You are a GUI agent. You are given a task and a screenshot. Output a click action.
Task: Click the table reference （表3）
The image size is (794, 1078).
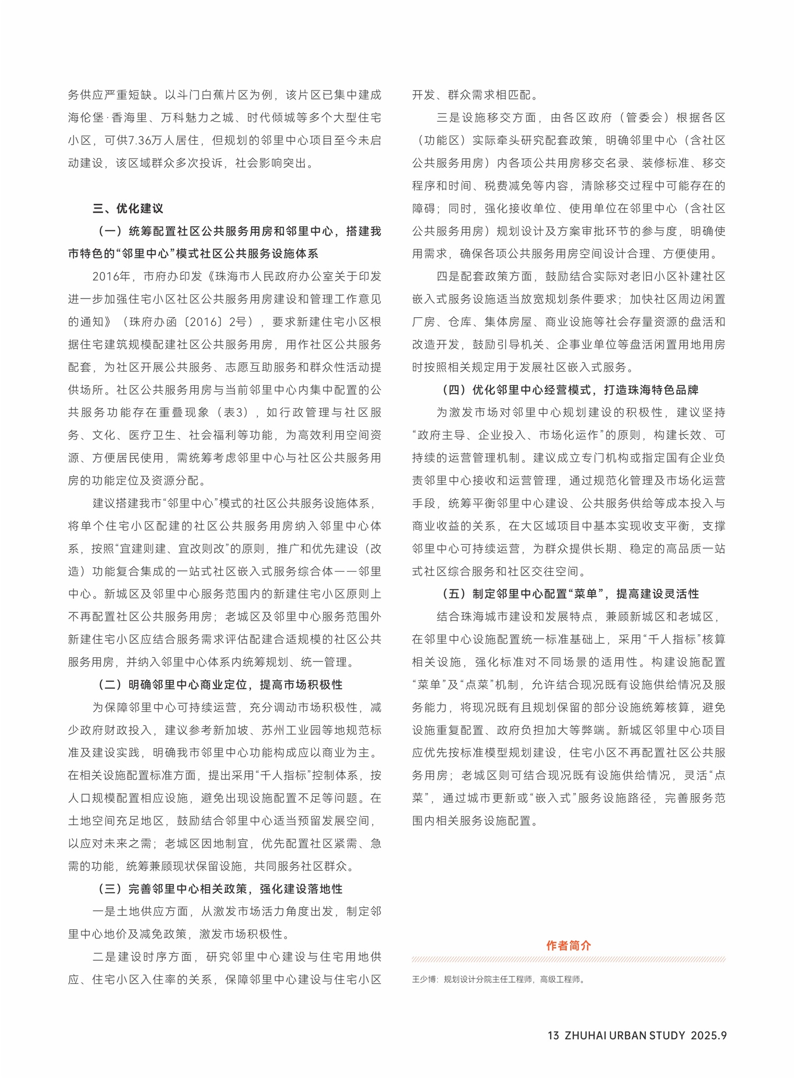(231, 412)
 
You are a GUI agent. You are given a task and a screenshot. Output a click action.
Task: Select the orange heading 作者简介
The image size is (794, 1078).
(569, 945)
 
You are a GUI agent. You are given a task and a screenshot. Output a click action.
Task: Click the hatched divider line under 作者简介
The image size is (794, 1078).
(569, 959)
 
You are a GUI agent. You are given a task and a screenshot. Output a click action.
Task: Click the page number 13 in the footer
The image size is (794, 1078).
(553, 1036)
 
